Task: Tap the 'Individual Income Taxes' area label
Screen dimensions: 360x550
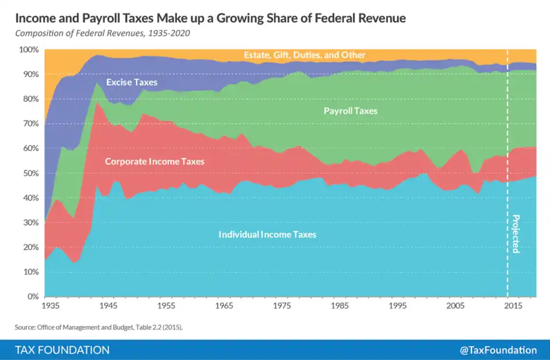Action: pyautogui.click(x=267, y=234)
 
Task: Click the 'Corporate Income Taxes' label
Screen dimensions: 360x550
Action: pyautogui.click(x=155, y=162)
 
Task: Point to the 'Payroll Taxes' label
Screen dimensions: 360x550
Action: pyautogui.click(x=351, y=111)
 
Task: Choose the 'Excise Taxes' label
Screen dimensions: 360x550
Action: pyautogui.click(x=131, y=83)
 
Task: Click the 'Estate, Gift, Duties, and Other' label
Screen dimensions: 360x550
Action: pyautogui.click(x=304, y=55)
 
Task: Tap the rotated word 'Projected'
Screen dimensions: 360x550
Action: pyautogui.click(x=515, y=234)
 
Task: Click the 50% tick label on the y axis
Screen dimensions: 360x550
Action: pyautogui.click(x=30, y=173)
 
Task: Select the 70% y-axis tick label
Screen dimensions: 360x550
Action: pyautogui.click(x=30, y=124)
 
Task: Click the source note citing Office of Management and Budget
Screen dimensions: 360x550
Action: pyautogui.click(x=103, y=327)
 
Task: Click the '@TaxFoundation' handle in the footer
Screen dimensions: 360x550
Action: pyautogui.click(x=498, y=350)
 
